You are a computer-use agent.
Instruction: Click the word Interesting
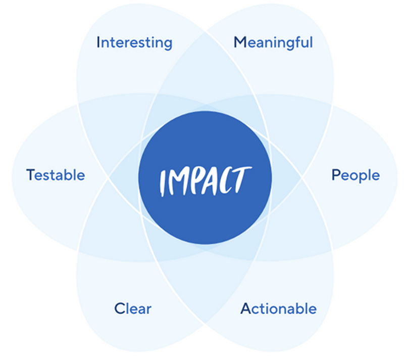[134, 42]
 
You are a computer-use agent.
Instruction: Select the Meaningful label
[273, 42]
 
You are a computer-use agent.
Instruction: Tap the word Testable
[56, 175]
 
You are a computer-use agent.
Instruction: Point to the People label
[356, 175]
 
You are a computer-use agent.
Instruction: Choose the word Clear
[133, 308]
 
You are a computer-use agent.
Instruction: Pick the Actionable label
[278, 308]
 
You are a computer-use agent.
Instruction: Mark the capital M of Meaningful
[239, 42]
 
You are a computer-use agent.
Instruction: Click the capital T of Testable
[30, 175]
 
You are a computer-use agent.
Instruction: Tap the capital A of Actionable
[245, 308]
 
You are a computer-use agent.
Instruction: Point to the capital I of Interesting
[98, 42]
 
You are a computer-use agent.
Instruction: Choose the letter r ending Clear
[149, 309]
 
